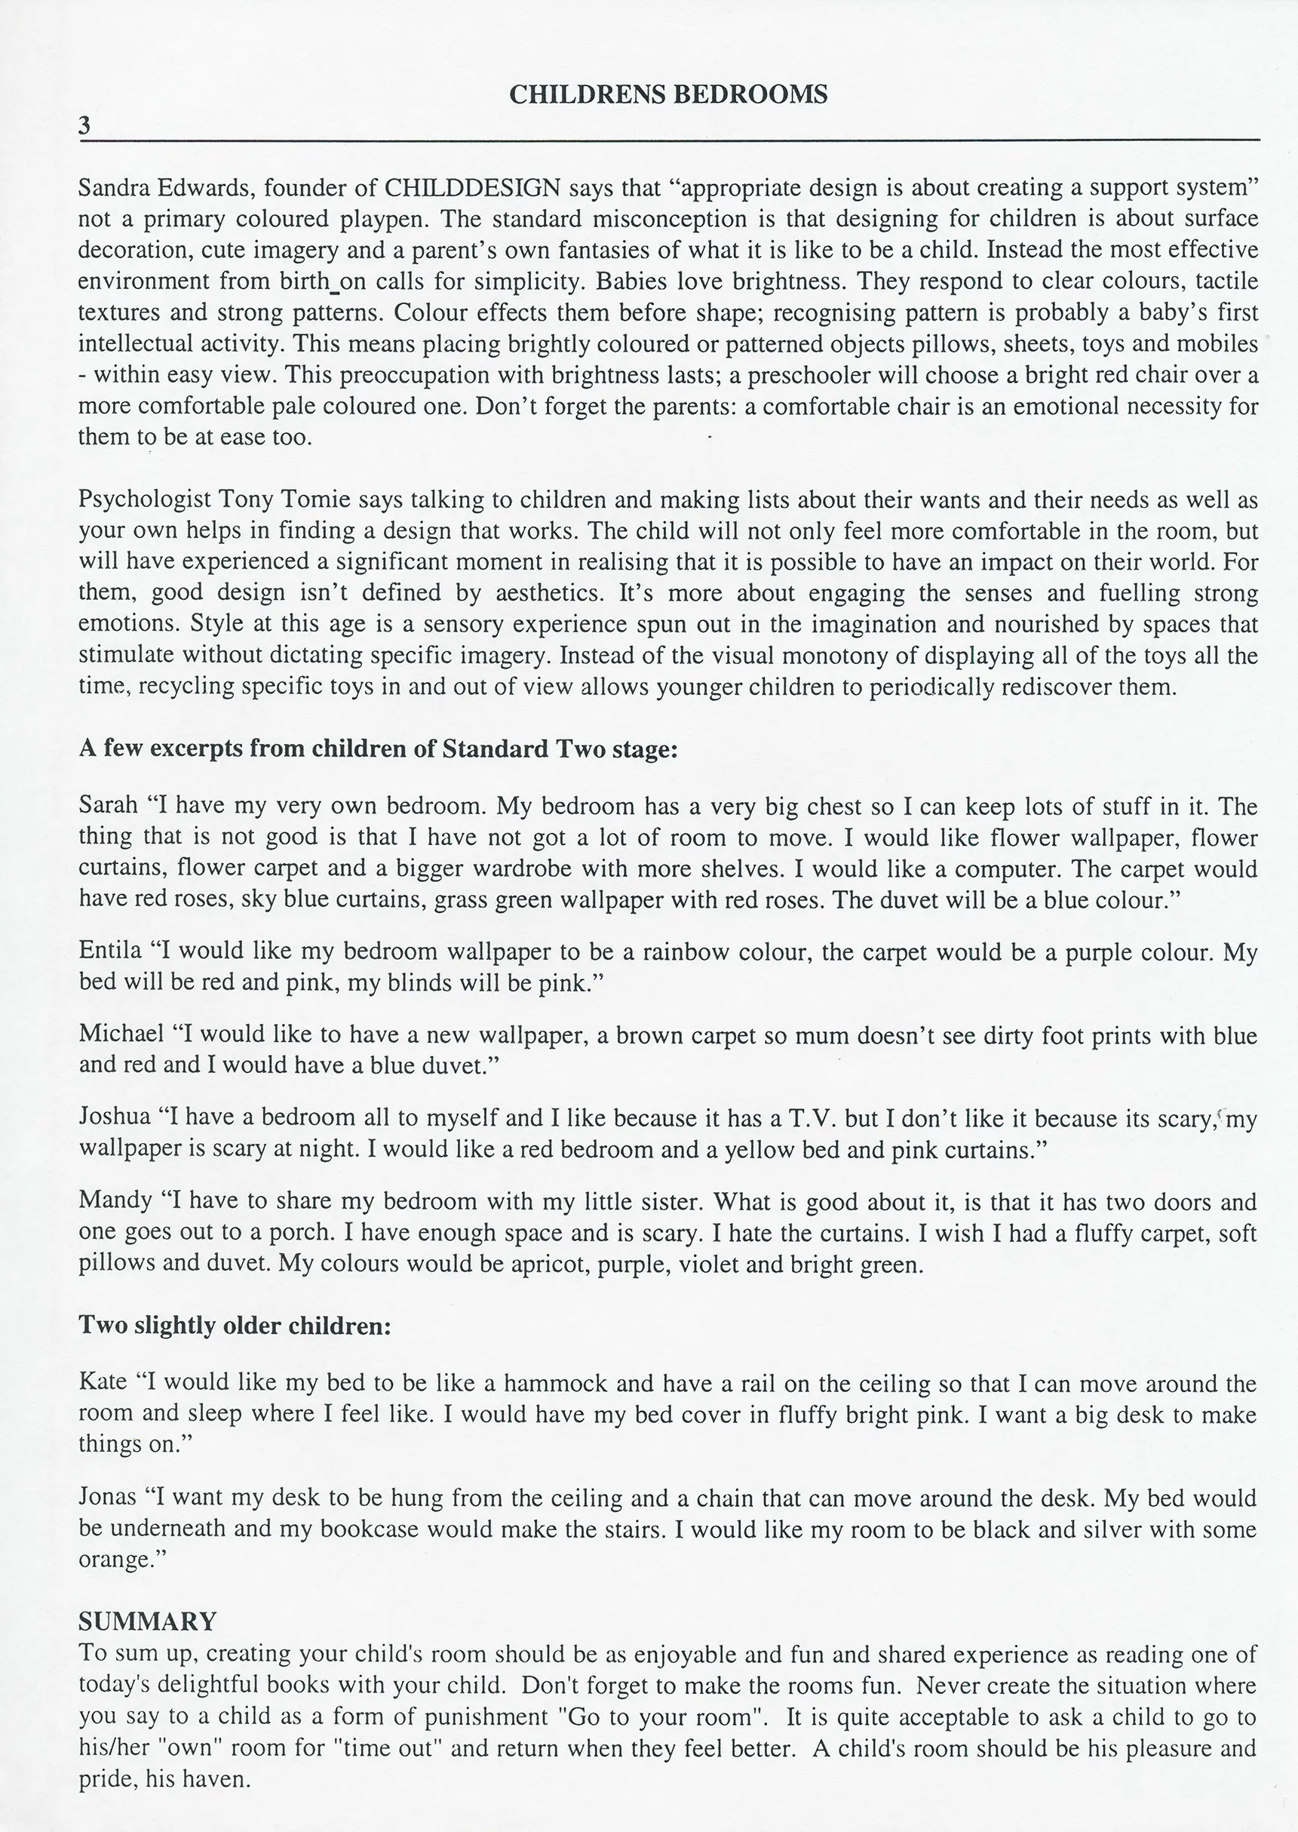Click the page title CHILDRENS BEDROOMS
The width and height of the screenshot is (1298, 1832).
click(667, 95)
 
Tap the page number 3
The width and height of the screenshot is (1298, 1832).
click(84, 125)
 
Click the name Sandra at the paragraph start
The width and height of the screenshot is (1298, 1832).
click(109, 188)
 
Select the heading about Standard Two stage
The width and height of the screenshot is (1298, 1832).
click(378, 749)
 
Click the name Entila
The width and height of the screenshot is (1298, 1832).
click(109, 951)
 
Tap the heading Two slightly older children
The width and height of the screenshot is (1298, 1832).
click(235, 1326)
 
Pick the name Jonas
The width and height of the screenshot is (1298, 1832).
click(107, 1497)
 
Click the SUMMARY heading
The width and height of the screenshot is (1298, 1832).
click(147, 1621)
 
